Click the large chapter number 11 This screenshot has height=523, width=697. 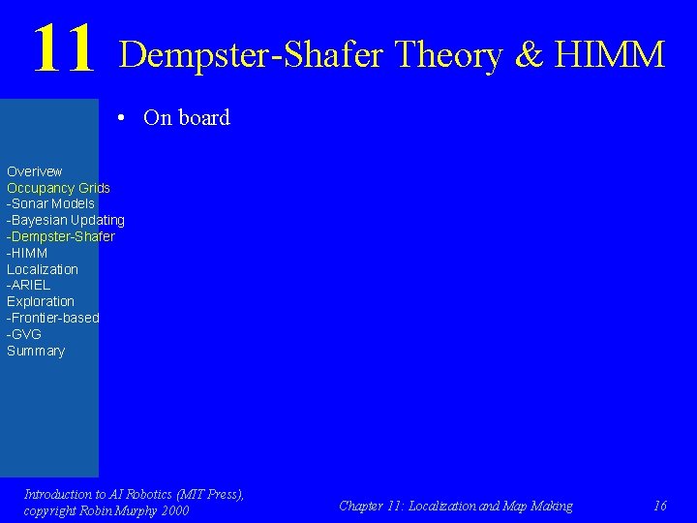(x=64, y=50)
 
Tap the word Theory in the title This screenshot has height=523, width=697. (x=448, y=54)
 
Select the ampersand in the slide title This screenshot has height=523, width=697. (x=530, y=54)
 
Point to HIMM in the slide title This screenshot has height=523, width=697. (x=609, y=54)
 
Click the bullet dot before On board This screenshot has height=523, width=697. (x=122, y=118)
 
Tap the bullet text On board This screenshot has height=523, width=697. (x=186, y=118)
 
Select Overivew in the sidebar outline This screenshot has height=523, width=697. (x=34, y=171)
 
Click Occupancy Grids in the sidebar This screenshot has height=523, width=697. (x=58, y=188)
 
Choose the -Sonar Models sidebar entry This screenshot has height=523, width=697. (x=50, y=203)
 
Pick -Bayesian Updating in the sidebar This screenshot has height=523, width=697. (x=65, y=220)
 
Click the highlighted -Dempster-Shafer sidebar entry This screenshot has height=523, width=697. (x=60, y=236)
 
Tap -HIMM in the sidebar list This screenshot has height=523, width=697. (x=27, y=253)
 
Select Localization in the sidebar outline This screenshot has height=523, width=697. (x=42, y=269)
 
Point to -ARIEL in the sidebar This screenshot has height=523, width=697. (x=28, y=285)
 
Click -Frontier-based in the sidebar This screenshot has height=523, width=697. (x=52, y=318)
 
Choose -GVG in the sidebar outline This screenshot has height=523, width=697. (x=24, y=334)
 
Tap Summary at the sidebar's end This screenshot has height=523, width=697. (x=35, y=351)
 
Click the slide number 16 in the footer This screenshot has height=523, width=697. (x=660, y=506)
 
